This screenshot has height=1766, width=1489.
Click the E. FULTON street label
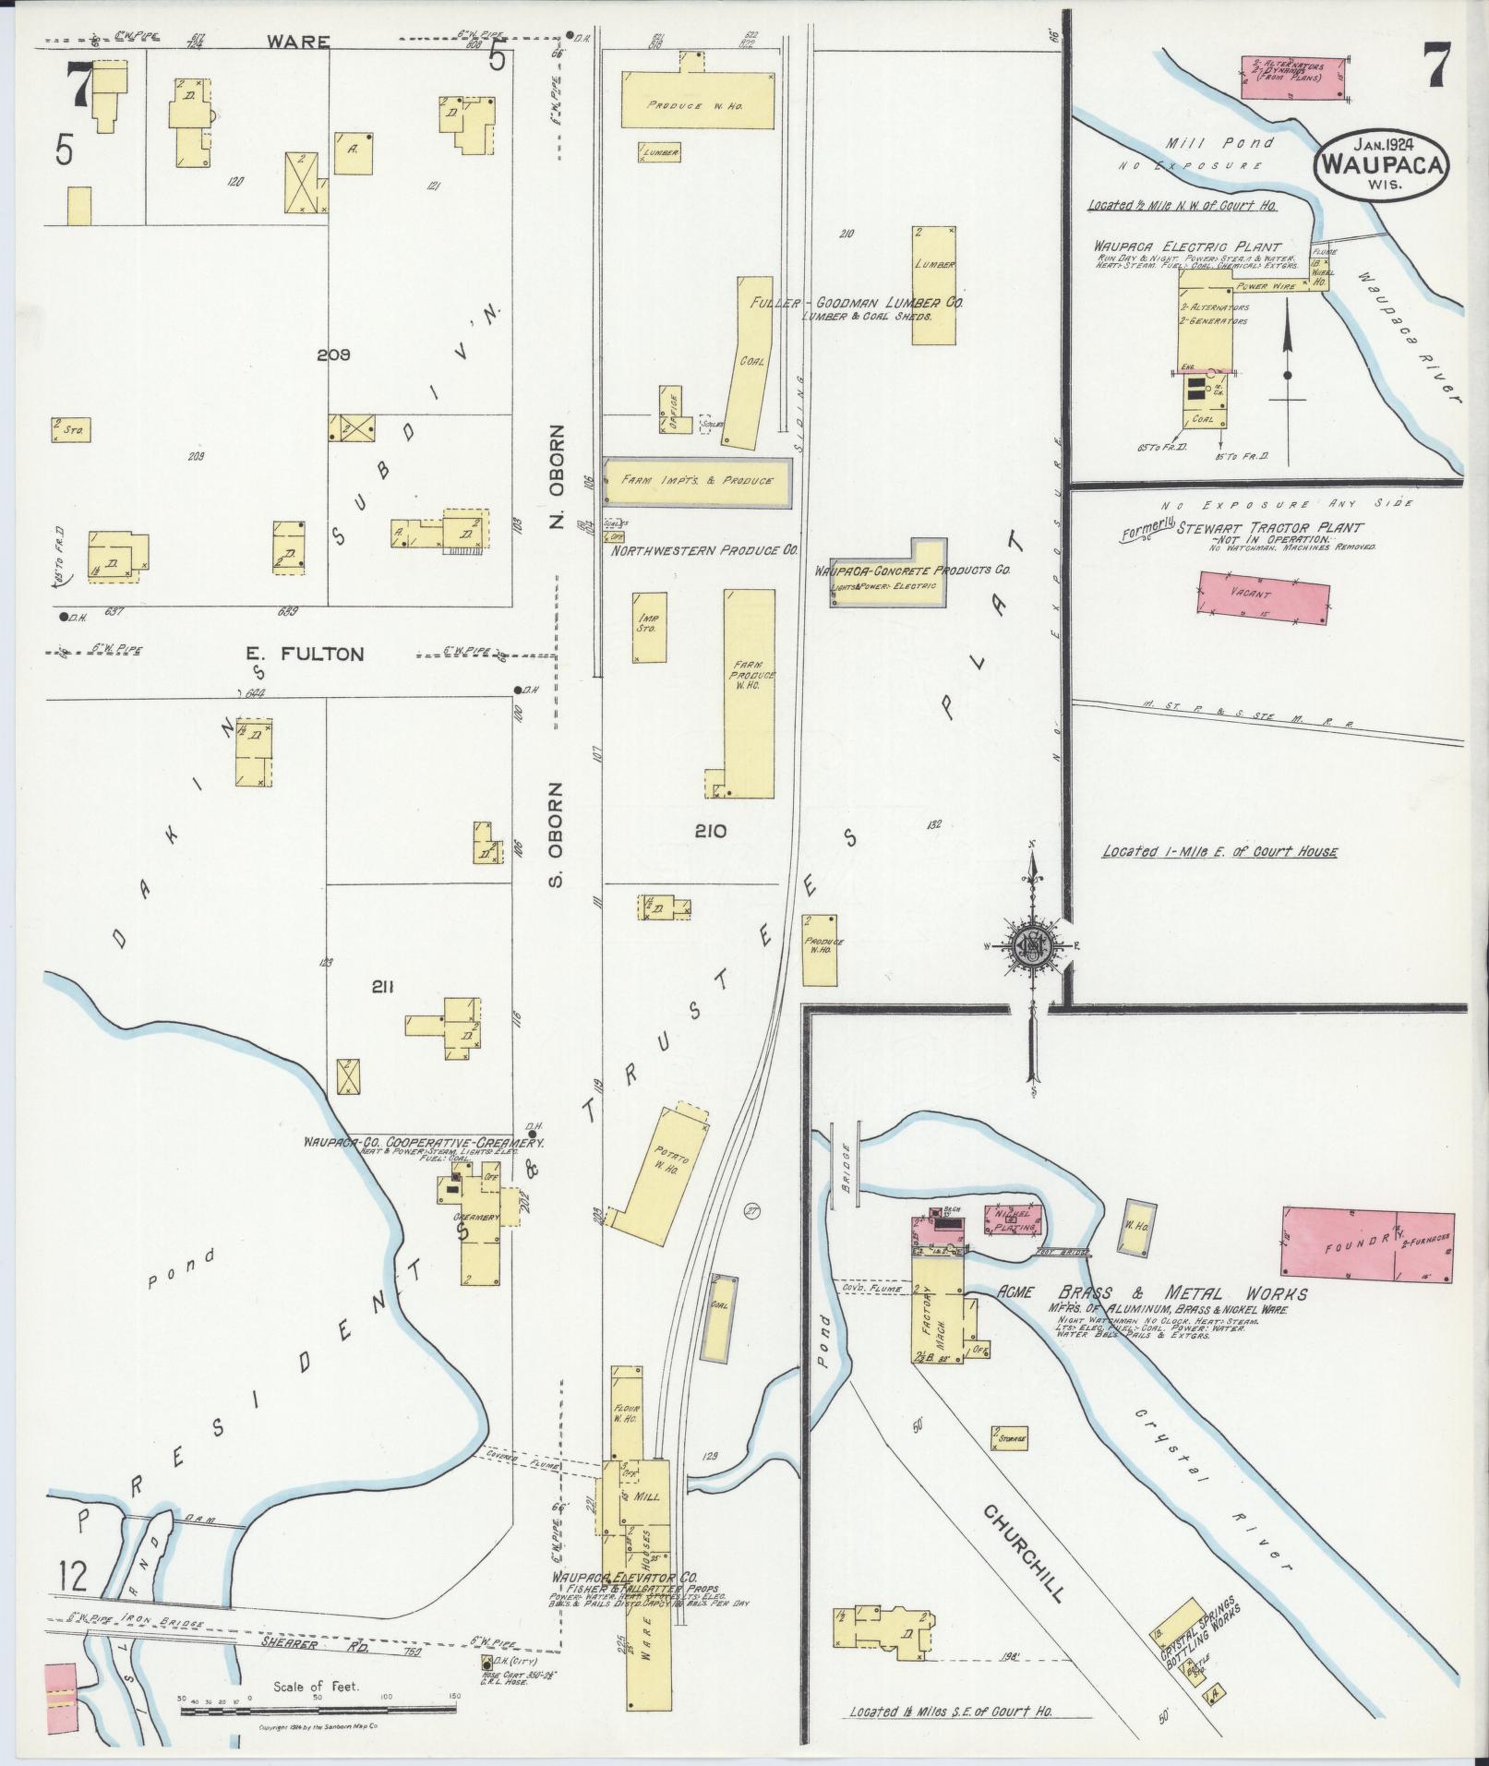point(305,654)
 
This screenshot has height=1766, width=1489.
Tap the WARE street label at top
point(286,42)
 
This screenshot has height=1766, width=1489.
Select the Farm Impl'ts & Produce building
point(697,481)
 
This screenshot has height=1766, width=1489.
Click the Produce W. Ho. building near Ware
point(697,100)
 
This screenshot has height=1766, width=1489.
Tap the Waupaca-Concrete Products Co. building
point(886,574)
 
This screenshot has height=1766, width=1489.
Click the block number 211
point(382,987)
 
